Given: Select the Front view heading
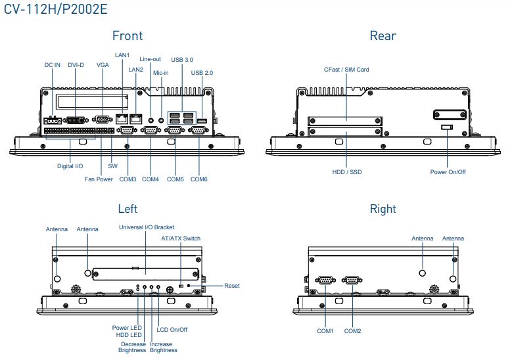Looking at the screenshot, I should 127,35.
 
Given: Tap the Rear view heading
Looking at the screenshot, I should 383,35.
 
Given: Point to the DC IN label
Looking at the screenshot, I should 53,65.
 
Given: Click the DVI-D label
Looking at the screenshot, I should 76,65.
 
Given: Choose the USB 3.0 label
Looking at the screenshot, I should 182,59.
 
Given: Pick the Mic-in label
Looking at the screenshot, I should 161,73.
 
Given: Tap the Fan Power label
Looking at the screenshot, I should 98,179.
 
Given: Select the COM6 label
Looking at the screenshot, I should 199,179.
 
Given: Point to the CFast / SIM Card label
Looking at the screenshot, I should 346,69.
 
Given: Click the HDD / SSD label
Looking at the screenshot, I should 346,172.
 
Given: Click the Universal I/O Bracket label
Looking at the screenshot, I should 146,227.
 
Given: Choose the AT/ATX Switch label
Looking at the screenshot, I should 181,238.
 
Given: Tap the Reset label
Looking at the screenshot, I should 232,286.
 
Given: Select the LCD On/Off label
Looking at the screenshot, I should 172,329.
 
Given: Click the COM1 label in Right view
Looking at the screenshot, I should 325,331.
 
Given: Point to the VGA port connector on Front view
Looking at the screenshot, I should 102,119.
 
